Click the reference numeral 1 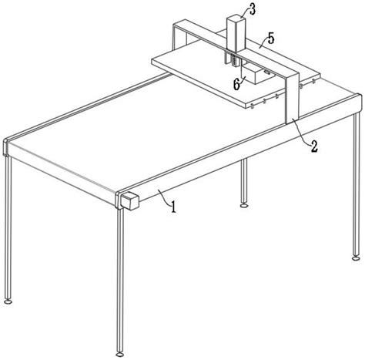tap(174, 207)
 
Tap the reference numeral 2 tap(314, 146)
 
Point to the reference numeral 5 tap(271, 39)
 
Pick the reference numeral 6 tap(236, 84)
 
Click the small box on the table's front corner tap(130, 200)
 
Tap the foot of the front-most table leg tap(119, 355)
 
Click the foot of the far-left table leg tap(8, 301)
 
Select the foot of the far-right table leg tap(356, 258)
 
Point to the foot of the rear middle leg tap(244, 205)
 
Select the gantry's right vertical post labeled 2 tap(293, 99)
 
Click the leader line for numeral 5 tap(263, 44)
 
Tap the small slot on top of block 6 tap(267, 72)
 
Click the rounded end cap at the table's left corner tap(5, 147)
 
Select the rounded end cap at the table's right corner tap(360, 103)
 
